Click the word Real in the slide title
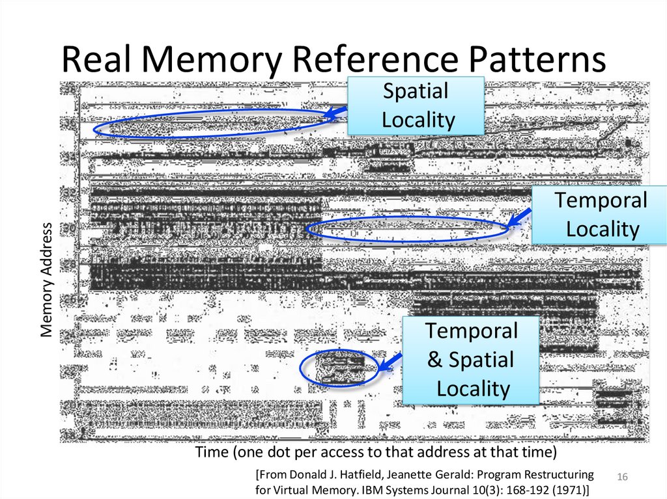point(97,61)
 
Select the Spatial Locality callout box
point(416,105)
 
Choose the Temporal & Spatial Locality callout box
point(471,360)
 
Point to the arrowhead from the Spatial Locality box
point(330,116)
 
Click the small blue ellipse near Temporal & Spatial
point(339,368)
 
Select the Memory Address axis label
point(46,280)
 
